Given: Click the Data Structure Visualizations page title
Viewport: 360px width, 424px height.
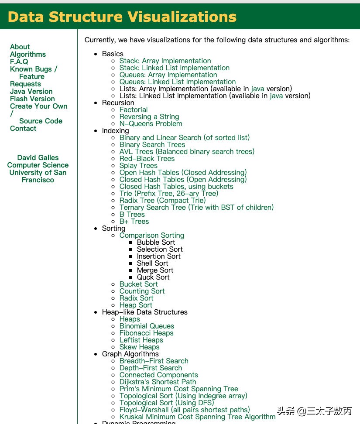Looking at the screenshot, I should click(122, 17).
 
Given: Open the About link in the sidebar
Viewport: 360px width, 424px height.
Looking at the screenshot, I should click(20, 47).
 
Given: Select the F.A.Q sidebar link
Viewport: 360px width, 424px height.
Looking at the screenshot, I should click(19, 62).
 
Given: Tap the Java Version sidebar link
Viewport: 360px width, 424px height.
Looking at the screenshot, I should click(31, 91).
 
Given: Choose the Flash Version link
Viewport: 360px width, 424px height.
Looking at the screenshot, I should click(32, 99).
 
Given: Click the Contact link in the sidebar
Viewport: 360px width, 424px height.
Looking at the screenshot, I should click(23, 128).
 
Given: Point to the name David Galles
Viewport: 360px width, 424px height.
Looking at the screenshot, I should click(38, 157).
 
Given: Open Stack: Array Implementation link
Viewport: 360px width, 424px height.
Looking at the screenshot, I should click(165, 61).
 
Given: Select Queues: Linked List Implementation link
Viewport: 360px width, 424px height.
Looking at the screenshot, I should click(177, 82).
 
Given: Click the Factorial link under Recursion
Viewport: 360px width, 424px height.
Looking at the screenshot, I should click(134, 109).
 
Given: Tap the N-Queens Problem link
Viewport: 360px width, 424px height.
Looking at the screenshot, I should click(151, 123).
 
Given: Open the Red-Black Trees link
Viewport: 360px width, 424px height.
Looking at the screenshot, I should click(147, 158).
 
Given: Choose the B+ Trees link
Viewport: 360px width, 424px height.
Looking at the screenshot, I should click(134, 221).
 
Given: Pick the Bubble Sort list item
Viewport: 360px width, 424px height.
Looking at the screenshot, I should click(156, 242).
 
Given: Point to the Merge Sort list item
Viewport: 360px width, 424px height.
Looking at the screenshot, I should click(155, 270).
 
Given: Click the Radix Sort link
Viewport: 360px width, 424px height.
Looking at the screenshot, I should click(136, 298).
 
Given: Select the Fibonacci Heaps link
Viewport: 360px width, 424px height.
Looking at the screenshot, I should click(146, 333).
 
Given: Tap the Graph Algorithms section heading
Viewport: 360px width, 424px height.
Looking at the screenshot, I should click(130, 354).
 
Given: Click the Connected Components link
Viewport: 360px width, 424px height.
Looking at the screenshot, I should click(158, 375).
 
